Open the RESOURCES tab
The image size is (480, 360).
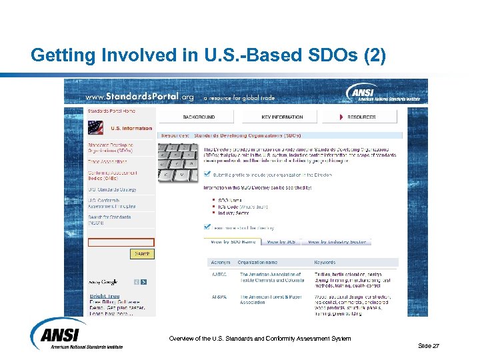361,117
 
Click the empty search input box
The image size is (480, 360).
121,243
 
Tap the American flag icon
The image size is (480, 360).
96,127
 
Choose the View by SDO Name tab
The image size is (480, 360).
233,241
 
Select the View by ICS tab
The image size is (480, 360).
280,241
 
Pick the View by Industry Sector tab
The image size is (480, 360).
336,241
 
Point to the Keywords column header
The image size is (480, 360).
325,262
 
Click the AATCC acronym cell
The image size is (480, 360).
218,274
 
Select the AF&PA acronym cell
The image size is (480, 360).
218,297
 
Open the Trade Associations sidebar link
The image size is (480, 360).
107,161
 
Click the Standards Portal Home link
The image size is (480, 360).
111,111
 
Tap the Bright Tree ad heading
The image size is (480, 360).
105,296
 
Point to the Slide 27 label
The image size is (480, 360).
428,345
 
